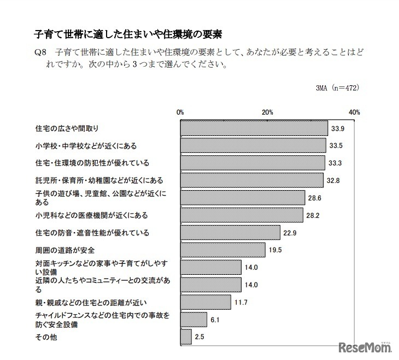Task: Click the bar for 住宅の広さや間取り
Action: point(254,128)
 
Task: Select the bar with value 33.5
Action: point(253,146)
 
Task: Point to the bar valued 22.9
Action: point(230,233)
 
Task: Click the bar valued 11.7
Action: point(206,302)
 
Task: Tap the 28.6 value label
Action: point(314,198)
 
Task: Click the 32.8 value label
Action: point(332,180)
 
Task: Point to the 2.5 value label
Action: point(199,337)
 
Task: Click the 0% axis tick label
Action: point(180,111)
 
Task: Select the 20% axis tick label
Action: point(267,111)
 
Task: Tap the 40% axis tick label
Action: point(354,111)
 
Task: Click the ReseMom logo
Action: point(365,348)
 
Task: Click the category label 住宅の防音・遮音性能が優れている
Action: point(92,233)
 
